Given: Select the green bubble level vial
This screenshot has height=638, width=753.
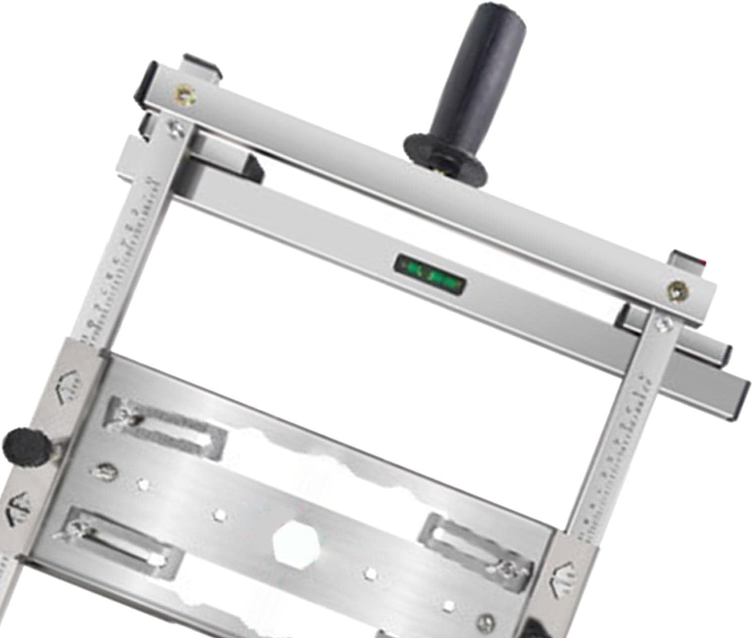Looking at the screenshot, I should [x=430, y=273].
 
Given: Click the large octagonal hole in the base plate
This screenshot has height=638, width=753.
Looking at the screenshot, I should [x=293, y=542].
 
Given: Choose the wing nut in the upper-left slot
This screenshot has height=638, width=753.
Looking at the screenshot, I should [x=126, y=414].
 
